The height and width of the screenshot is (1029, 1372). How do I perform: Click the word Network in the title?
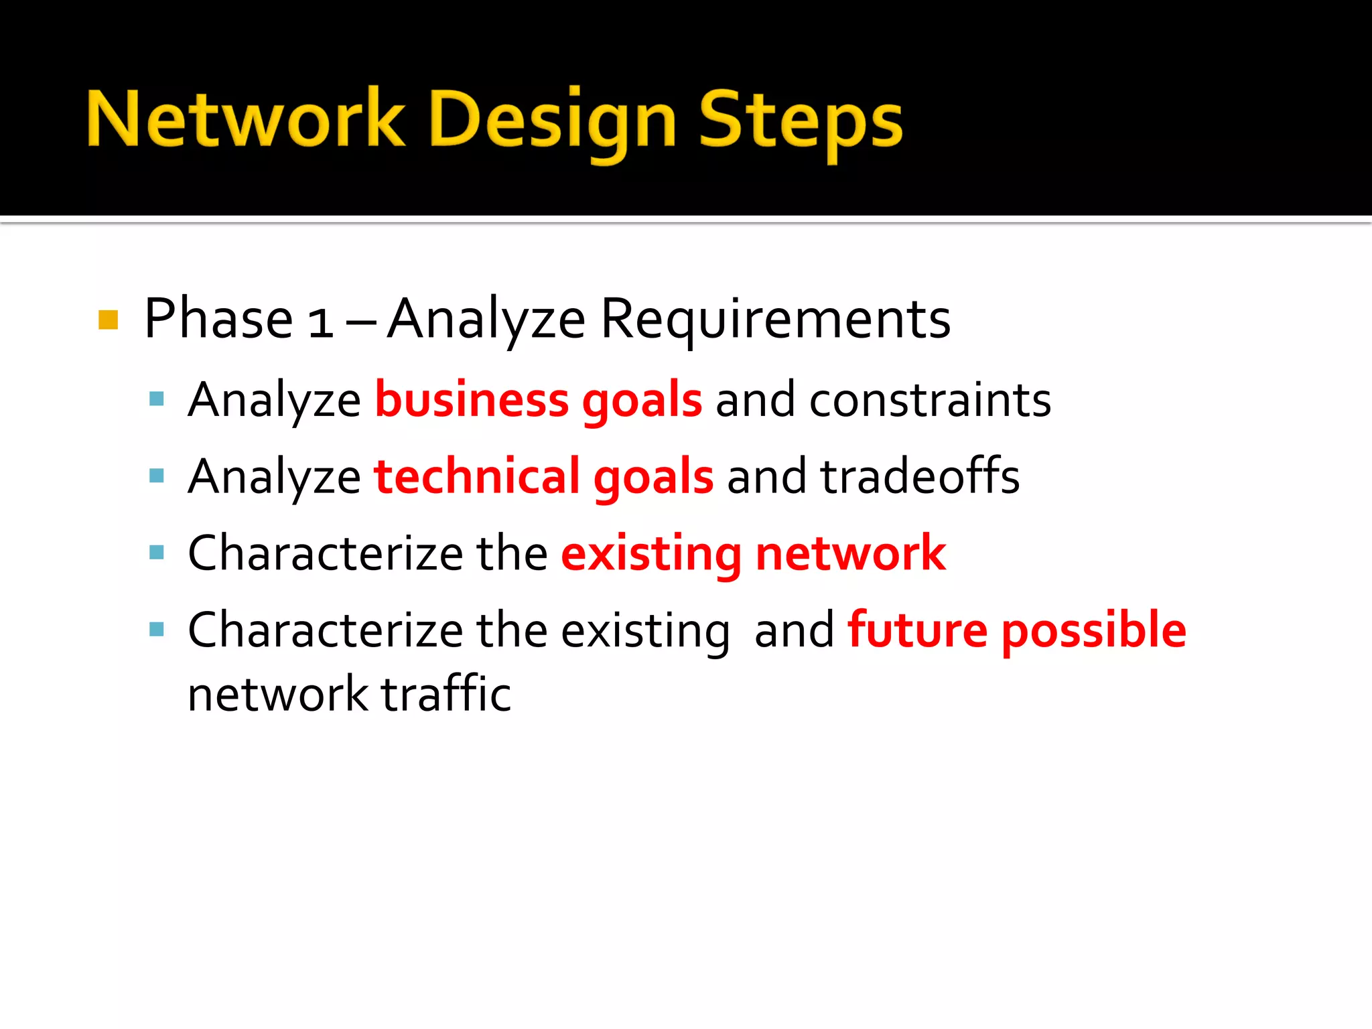pyautogui.click(x=245, y=119)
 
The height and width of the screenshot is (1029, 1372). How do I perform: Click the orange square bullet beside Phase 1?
pyautogui.click(x=108, y=320)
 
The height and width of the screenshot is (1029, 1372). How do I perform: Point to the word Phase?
pyautogui.click(x=218, y=319)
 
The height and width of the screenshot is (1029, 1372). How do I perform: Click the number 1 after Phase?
pyautogui.click(x=320, y=322)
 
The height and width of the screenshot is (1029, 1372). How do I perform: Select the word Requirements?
pyautogui.click(x=775, y=319)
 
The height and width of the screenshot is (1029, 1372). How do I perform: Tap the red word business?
pyautogui.click(x=471, y=400)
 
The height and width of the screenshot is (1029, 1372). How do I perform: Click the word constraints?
pyautogui.click(x=930, y=400)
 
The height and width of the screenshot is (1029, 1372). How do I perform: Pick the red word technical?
pyautogui.click(x=476, y=476)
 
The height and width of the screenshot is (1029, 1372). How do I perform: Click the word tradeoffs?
pyautogui.click(x=920, y=476)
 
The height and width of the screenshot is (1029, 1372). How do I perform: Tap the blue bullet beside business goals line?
pyautogui.click(x=157, y=400)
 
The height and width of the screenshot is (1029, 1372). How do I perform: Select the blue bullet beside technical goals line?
pyautogui.click(x=157, y=476)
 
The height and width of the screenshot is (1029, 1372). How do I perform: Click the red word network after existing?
pyautogui.click(x=850, y=553)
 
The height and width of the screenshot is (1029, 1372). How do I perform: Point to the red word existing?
pyautogui.click(x=650, y=555)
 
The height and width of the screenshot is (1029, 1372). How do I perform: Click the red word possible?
pyautogui.click(x=1093, y=631)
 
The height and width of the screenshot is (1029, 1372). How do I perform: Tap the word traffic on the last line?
pyautogui.click(x=446, y=694)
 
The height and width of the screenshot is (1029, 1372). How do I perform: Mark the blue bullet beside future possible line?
pyautogui.click(x=157, y=630)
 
